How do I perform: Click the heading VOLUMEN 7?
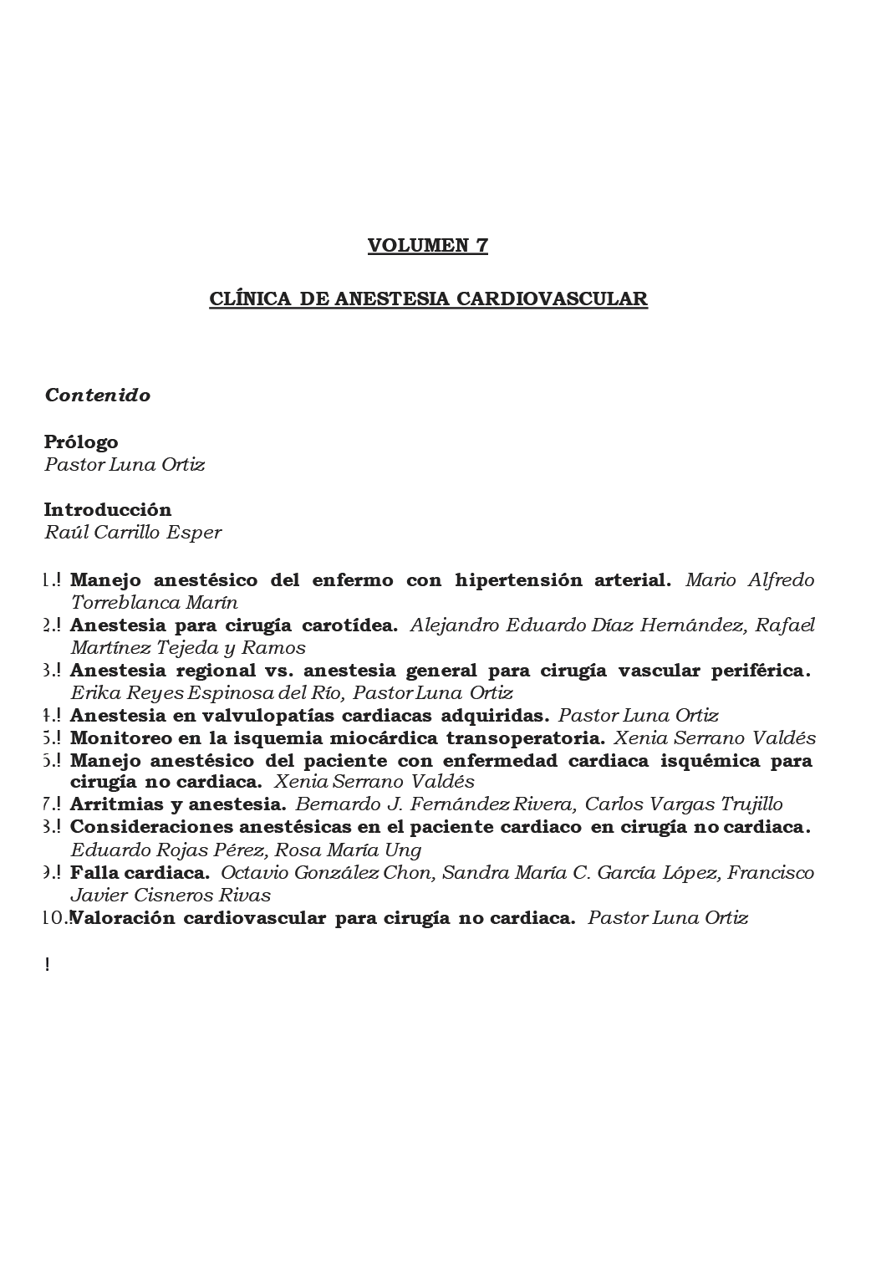point(427,245)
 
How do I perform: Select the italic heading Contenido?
point(98,396)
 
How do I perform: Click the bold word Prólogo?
point(81,441)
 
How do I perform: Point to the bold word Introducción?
point(108,509)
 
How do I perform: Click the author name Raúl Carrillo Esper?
point(133,533)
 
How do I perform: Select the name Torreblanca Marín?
point(155,602)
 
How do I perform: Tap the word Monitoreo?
point(117,738)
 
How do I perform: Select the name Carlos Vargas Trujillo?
point(684,804)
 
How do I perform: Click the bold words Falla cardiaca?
point(140,872)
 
